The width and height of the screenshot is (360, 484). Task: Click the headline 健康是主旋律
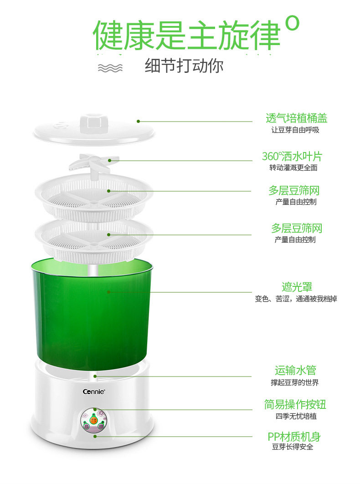(x=186, y=35)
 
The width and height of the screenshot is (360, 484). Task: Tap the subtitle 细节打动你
(x=184, y=66)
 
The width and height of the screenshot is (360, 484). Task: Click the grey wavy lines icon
(x=110, y=68)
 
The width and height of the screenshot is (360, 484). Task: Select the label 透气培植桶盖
(x=296, y=118)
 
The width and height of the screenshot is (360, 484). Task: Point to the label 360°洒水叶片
(x=292, y=156)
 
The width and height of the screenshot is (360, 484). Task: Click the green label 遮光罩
(x=297, y=287)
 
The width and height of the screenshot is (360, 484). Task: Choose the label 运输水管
(x=295, y=370)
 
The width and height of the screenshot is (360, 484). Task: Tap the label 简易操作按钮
(x=295, y=404)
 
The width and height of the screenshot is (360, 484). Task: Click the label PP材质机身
(x=294, y=437)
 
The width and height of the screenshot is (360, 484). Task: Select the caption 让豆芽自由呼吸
(x=295, y=130)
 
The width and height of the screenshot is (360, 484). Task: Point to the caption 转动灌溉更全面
(x=293, y=168)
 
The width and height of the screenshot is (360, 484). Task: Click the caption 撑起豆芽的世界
(x=294, y=382)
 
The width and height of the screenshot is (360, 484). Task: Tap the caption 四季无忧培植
(x=296, y=416)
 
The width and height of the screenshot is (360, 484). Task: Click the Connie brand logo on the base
(x=94, y=392)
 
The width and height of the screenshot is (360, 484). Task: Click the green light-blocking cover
(x=92, y=313)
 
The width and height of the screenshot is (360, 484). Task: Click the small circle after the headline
(x=292, y=23)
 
